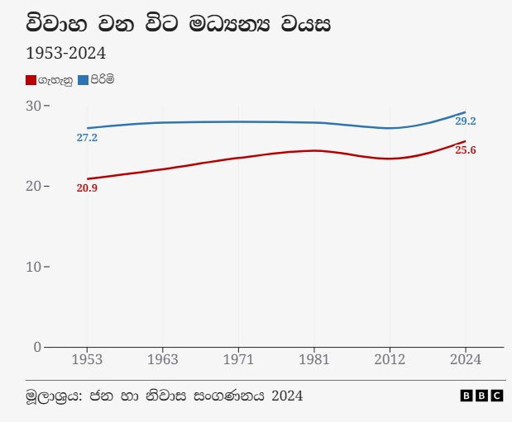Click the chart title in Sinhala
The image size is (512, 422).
[x=179, y=24]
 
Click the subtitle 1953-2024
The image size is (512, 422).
[x=65, y=55]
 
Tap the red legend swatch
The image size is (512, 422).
[x=31, y=80]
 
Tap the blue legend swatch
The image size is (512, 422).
[x=83, y=80]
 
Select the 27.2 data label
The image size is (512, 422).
[x=87, y=138]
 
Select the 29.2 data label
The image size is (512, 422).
[x=466, y=121]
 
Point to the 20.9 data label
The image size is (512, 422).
[x=87, y=188]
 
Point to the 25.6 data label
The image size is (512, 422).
[x=466, y=150]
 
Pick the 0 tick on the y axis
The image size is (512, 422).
[x=37, y=347]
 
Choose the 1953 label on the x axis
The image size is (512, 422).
[x=87, y=360]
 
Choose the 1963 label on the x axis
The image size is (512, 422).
[x=163, y=360]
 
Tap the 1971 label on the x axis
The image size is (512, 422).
[x=238, y=360]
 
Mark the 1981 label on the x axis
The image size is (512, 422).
[x=314, y=360]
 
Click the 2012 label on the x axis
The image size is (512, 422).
[x=390, y=360]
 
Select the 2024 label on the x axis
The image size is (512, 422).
[x=466, y=360]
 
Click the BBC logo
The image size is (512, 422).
[x=481, y=396]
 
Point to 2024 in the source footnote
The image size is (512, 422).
[x=286, y=396]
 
